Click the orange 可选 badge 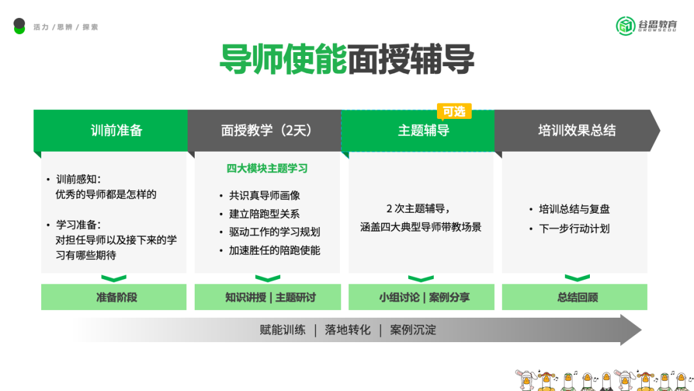[454, 111]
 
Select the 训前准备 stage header [116, 131]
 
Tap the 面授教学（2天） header [266, 131]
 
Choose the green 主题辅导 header [423, 131]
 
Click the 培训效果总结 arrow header [576, 131]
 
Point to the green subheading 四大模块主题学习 [267, 168]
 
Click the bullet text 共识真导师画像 [264, 195]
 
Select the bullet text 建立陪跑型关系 [264, 214]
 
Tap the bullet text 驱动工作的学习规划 [274, 232]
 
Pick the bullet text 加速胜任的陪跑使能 [274, 250]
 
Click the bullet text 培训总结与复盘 [574, 209]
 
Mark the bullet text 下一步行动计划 [574, 228]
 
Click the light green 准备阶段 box [116, 297]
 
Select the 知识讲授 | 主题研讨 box [270, 297]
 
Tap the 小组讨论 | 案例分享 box [423, 297]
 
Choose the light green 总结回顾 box [577, 297]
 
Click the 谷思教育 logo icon [625, 26]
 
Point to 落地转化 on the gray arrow [348, 330]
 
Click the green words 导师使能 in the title [283, 60]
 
